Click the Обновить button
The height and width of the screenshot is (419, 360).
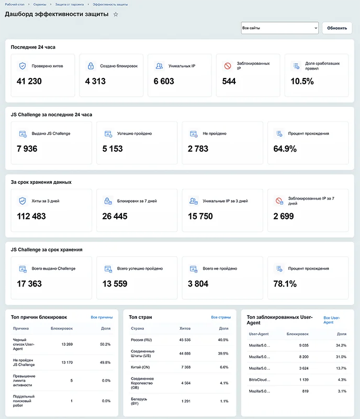pyautogui.click(x=337, y=28)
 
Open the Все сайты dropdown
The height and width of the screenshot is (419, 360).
pyautogui.click(x=279, y=28)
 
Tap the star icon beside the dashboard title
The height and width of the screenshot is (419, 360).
pyautogui.click(x=116, y=15)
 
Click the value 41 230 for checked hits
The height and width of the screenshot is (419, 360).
pyautogui.click(x=29, y=81)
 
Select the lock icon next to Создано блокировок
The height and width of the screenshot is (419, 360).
pyautogui.click(x=91, y=66)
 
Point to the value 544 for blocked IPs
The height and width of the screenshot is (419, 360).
pyautogui.click(x=229, y=81)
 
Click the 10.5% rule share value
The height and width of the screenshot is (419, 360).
pyautogui.click(x=302, y=81)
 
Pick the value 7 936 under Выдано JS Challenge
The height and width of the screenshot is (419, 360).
pyautogui.click(x=27, y=149)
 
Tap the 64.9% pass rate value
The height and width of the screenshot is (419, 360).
pyautogui.click(x=285, y=149)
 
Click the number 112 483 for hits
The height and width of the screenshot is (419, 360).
pyautogui.click(x=31, y=216)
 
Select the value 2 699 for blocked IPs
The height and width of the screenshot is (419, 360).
pyautogui.click(x=284, y=216)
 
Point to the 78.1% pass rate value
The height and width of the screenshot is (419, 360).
pyautogui.click(x=285, y=284)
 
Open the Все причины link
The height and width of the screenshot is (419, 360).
pyautogui.click(x=102, y=317)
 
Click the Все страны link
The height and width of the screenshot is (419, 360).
pyautogui.click(x=221, y=317)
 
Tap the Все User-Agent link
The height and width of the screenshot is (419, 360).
pyautogui.click(x=331, y=320)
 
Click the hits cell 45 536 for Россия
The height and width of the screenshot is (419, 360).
pyautogui.click(x=185, y=340)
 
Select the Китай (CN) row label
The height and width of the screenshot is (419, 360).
pyautogui.click(x=140, y=367)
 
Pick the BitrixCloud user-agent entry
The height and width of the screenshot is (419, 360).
pyautogui.click(x=260, y=380)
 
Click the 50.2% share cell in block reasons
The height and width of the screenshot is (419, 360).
pyautogui.click(x=105, y=344)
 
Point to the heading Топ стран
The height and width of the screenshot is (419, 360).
pyautogui.click(x=140, y=317)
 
